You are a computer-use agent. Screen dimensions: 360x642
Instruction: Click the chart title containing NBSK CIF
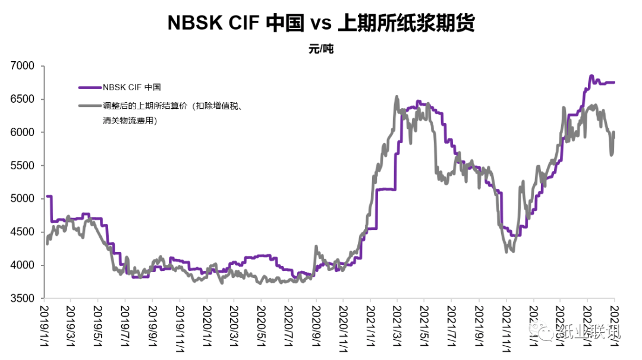click(321, 23)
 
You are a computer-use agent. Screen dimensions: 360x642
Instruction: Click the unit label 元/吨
click(321, 49)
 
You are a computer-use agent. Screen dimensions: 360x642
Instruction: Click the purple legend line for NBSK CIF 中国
click(90, 87)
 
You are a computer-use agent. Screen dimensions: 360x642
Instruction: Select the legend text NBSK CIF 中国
click(131, 87)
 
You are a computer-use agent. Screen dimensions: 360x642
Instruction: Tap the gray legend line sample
click(90, 106)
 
